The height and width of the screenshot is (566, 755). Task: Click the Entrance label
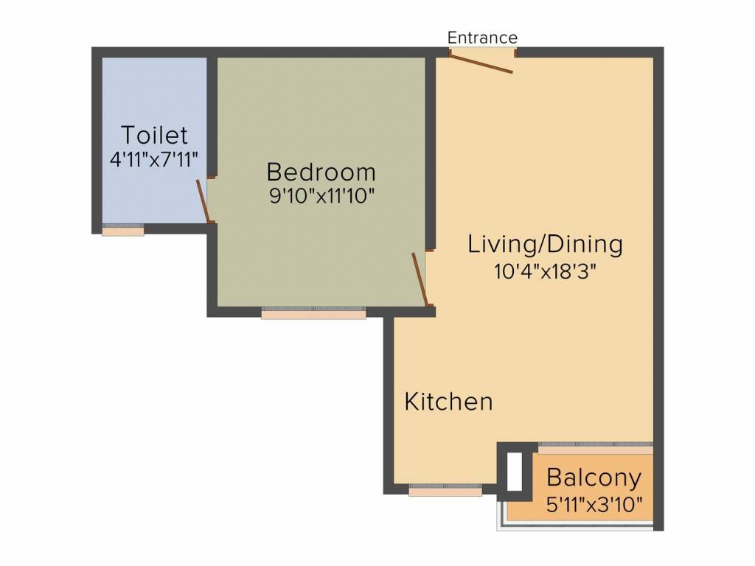coord(482,38)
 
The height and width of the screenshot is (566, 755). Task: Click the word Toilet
coord(154,135)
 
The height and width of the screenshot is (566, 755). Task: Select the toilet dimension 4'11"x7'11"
coord(154,159)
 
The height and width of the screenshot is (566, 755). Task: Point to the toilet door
coord(202,201)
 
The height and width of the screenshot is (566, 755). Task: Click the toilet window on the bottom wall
coord(123,230)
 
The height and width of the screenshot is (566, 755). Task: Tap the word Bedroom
coord(321,172)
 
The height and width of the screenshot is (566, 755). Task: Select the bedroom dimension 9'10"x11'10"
coord(321,196)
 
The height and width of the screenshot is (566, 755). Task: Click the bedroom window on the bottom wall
coord(313,312)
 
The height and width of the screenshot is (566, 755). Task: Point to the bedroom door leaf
coord(420,279)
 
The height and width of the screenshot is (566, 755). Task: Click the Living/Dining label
coord(545,244)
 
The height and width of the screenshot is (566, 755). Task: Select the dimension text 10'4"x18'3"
coord(545,272)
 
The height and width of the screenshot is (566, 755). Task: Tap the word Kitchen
coord(449,402)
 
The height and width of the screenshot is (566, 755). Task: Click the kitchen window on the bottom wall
coord(445,490)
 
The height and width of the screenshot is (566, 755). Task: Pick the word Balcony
coord(594,478)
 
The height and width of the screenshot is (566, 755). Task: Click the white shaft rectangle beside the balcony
coord(515,472)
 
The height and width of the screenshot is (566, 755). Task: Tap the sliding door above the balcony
coord(596,447)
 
